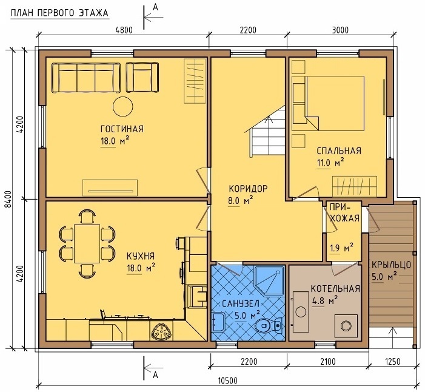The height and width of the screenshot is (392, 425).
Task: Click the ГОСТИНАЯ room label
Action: (x=122, y=129)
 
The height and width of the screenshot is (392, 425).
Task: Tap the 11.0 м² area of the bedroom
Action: (x=330, y=163)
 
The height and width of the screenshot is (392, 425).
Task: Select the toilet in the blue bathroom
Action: (x=269, y=325)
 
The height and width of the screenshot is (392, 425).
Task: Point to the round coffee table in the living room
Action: (x=123, y=106)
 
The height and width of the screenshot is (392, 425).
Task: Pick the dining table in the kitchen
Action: (x=87, y=243)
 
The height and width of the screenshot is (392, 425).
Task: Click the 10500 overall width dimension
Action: (x=227, y=381)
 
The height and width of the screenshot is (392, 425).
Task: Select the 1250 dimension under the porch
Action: (x=392, y=362)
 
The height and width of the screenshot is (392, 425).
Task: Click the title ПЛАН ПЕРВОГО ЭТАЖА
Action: (x=59, y=13)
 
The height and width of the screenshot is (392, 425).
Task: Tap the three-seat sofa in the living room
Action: (x=86, y=78)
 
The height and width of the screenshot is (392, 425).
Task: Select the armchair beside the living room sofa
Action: (x=142, y=78)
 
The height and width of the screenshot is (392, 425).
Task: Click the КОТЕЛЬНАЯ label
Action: (x=335, y=289)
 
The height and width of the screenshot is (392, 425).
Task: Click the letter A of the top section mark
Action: (x=155, y=7)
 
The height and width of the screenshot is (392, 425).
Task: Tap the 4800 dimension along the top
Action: (x=124, y=30)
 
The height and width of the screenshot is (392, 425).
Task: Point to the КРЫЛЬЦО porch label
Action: (x=392, y=264)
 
